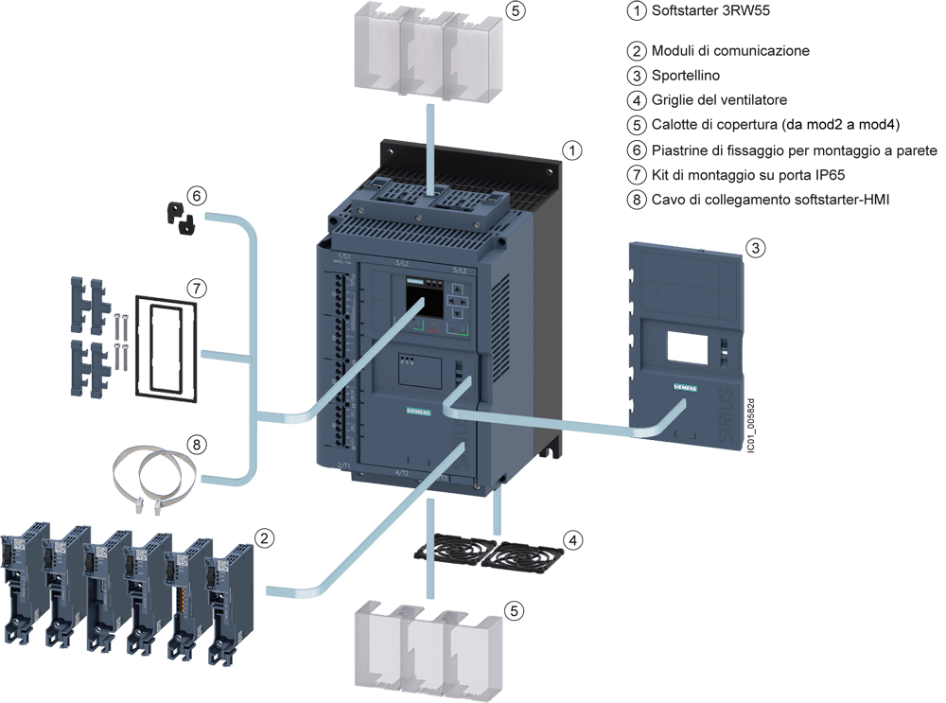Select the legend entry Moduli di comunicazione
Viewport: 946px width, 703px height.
pos(730,50)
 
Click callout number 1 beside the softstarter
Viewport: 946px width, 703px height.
pos(570,149)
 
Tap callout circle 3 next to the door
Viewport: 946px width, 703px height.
pos(755,248)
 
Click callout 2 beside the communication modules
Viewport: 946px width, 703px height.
pos(266,537)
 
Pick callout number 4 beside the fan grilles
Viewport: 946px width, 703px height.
pos(572,540)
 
